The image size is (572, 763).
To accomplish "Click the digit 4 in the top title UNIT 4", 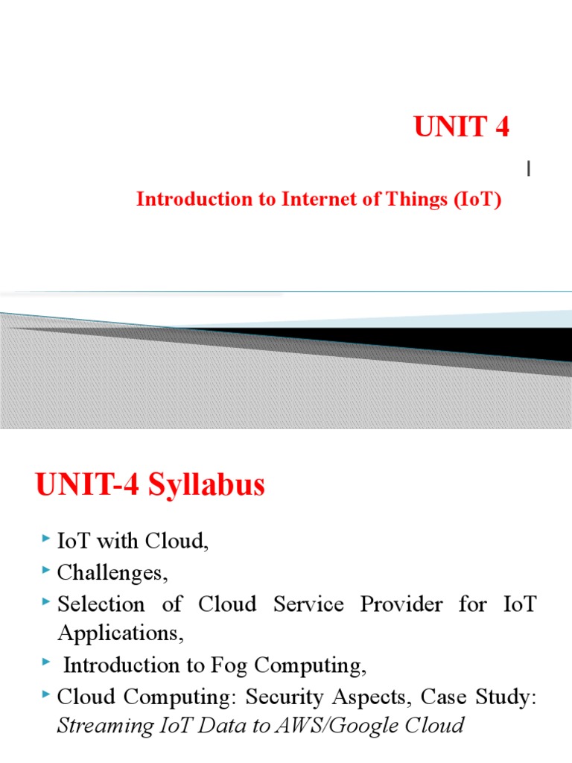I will tap(500, 128).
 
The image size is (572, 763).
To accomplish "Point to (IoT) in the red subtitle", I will tap(476, 200).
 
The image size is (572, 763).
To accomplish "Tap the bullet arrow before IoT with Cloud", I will tap(48, 539).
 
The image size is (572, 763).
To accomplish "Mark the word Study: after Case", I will tap(506, 697).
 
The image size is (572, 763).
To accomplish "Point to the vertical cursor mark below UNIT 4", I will tap(529, 170).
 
